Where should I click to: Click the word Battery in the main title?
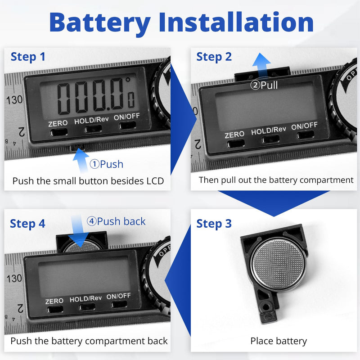click(100, 23)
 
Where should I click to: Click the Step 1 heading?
click(28, 57)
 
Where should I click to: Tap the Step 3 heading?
click(214, 224)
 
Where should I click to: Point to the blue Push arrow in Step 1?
click(81, 160)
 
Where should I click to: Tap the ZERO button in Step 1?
click(59, 132)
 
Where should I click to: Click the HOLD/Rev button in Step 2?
click(271, 139)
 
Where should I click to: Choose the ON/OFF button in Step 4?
click(119, 304)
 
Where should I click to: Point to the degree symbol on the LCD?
click(128, 80)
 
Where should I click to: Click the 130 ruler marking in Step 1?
click(14, 100)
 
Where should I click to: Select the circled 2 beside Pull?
click(255, 85)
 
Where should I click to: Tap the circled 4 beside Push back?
click(91, 221)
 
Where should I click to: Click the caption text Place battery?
click(279, 341)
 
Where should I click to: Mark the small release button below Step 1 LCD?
click(78, 147)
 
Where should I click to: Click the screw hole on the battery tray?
click(266, 306)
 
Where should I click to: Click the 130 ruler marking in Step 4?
click(14, 278)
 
